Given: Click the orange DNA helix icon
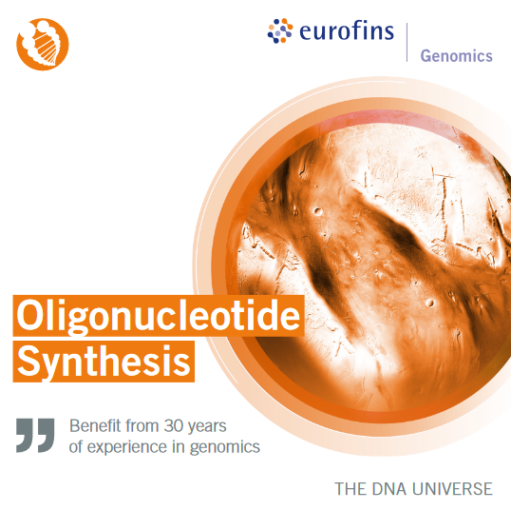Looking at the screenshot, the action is tap(43, 44).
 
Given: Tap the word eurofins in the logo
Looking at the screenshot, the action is tap(347, 30).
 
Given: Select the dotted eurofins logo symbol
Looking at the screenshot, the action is tap(280, 30).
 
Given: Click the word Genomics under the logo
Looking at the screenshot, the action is tap(456, 56).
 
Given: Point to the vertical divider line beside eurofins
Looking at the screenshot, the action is tap(407, 43).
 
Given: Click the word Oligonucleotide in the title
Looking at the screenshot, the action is tap(159, 316).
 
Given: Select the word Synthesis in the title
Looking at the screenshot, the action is tap(104, 362).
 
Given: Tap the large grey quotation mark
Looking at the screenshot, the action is tap(35, 435).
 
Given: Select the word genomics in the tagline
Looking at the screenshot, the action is tap(225, 447).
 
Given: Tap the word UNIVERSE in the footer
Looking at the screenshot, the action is tap(452, 489).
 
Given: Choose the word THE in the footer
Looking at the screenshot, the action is tap(350, 489).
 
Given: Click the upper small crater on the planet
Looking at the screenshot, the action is tap(317, 211).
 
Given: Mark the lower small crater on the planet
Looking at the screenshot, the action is tap(430, 303).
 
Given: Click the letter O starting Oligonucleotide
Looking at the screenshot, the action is tap(30, 314).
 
